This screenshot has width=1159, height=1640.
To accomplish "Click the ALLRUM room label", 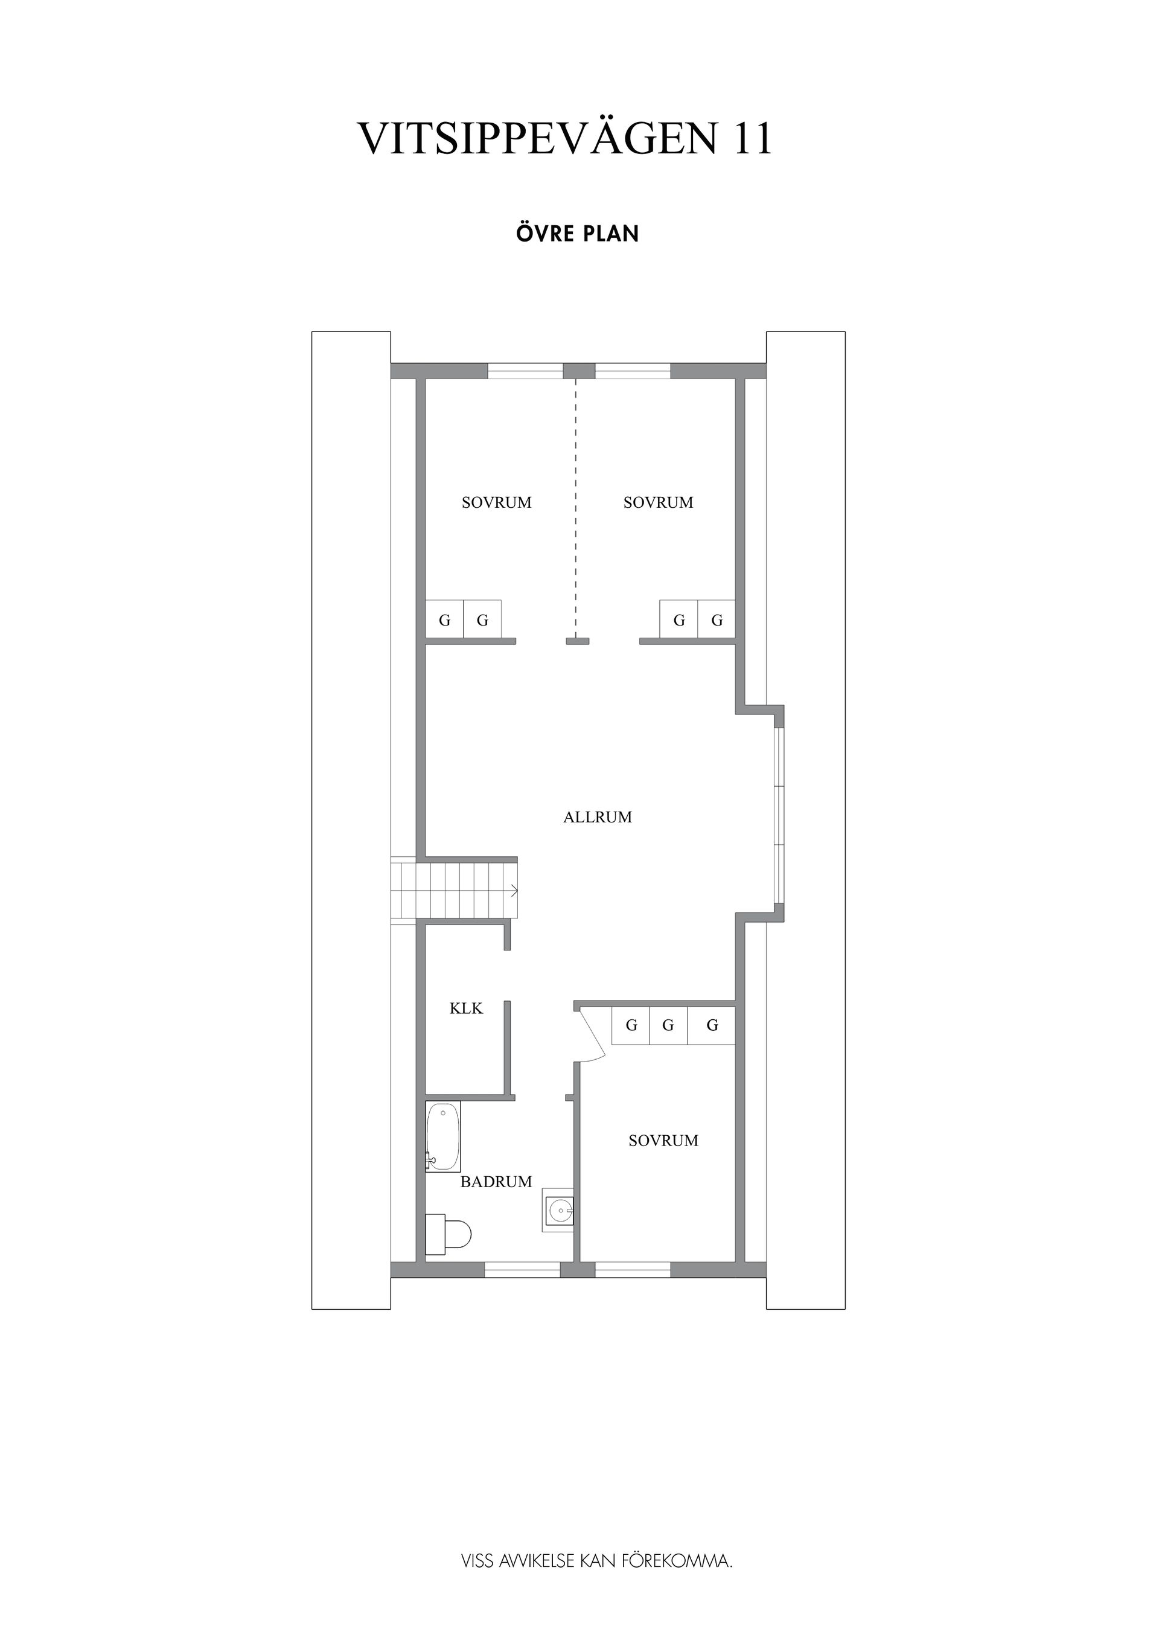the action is click(x=598, y=817).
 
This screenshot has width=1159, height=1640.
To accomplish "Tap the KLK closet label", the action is click(x=466, y=1008).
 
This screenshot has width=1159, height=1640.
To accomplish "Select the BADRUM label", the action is click(x=496, y=1182).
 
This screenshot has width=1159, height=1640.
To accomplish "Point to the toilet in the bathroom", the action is click(x=448, y=1234).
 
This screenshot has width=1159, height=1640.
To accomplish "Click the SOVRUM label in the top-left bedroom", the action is click(x=496, y=503).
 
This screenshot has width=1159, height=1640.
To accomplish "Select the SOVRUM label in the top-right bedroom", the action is click(x=658, y=503).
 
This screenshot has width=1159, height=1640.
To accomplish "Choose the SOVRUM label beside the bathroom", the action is click(x=663, y=1141).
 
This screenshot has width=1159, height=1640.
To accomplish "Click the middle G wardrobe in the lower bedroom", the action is click(x=668, y=1026).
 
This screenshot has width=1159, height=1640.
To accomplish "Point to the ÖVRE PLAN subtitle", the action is click(x=577, y=234).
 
